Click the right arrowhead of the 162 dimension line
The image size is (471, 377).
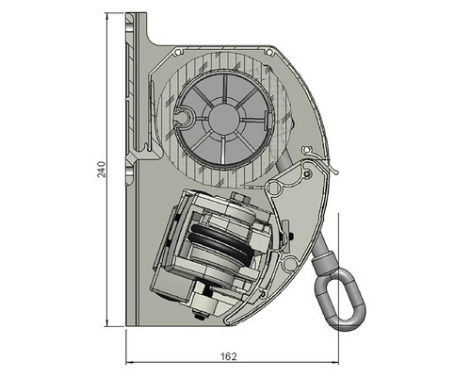(x=336, y=363)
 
